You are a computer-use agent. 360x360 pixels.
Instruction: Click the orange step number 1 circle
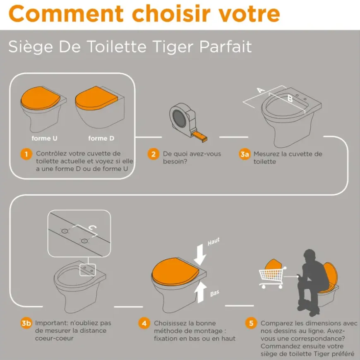tap(26, 154)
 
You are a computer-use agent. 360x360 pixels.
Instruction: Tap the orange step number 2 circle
tap(153, 154)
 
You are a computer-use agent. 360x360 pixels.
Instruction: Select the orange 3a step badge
tap(244, 154)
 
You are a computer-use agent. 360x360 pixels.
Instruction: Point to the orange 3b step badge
tap(26, 323)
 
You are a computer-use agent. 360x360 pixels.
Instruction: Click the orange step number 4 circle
tap(144, 323)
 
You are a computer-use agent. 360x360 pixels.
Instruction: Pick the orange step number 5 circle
tap(251, 323)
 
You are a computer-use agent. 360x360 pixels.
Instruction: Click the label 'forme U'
tap(44, 138)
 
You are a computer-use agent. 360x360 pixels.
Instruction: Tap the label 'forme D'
tap(101, 138)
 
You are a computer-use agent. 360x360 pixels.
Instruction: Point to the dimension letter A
tap(261, 90)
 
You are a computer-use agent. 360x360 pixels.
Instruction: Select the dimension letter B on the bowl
tap(290, 99)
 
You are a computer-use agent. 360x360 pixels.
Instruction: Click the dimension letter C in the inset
tap(93, 228)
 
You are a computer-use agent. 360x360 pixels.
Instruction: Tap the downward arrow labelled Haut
tap(200, 254)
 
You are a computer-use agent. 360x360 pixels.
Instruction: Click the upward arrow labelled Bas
tap(200, 292)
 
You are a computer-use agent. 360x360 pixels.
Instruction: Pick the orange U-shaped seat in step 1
tap(41, 98)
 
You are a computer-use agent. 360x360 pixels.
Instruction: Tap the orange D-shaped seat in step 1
tap(96, 98)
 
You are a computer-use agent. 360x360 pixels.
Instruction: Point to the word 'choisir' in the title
tap(171, 14)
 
